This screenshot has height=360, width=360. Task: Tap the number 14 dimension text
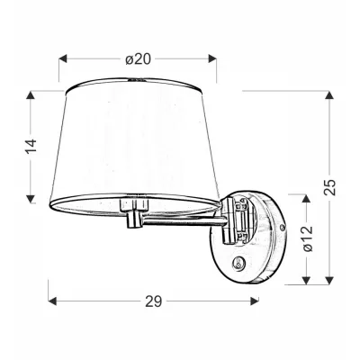[31, 144]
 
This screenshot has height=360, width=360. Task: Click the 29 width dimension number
[154, 302]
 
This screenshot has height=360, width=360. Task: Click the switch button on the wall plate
[238, 263]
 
